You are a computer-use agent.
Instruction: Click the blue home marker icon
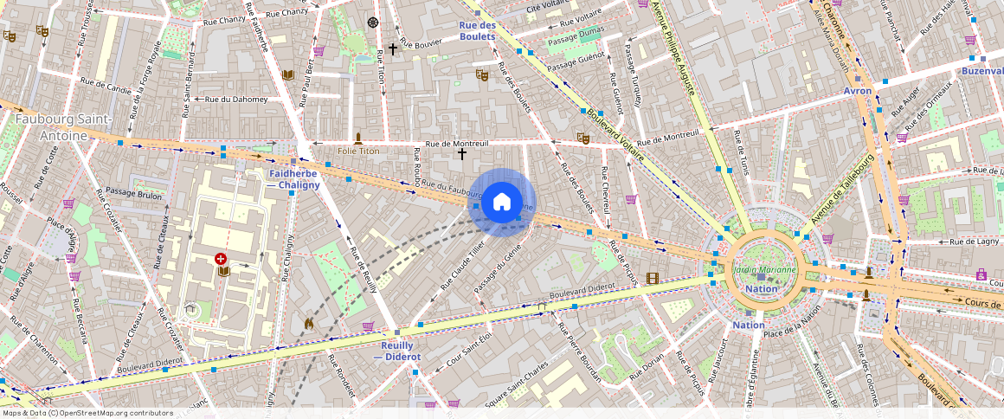coord(502,203)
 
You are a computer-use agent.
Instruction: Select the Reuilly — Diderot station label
coord(396,351)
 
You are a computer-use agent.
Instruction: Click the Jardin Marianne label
coord(763,269)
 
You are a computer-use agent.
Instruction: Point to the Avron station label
coord(858,91)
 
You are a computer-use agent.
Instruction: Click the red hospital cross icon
coord(222,259)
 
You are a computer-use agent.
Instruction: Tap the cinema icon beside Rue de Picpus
coord(652,278)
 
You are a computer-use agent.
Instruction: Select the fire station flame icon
coord(309,322)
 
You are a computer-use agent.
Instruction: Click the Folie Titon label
coord(358,151)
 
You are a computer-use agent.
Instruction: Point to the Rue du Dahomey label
coord(235,99)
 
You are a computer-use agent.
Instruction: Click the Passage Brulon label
coord(130,195)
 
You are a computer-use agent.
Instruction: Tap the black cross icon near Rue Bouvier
coord(393,49)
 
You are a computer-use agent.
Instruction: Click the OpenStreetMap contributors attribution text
coord(87,413)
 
